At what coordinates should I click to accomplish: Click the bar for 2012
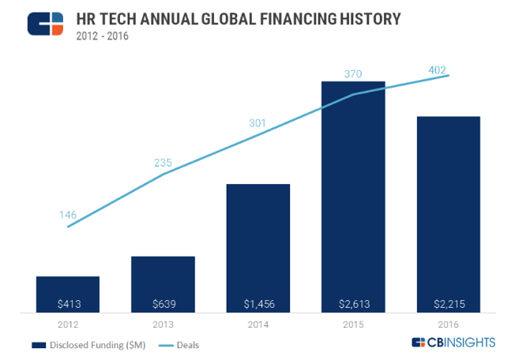[67, 294]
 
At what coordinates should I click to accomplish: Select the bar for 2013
[163, 284]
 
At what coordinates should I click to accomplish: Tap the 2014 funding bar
[257, 248]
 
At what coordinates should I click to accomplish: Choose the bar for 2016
[448, 213]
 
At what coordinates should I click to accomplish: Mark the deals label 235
[163, 163]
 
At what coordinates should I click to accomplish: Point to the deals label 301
[257, 123]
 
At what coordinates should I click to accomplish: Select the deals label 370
[353, 73]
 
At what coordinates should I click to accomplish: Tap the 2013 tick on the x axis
[163, 324]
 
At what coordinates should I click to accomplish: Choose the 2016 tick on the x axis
[448, 324]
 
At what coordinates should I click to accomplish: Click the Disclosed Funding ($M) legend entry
[79, 344]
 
